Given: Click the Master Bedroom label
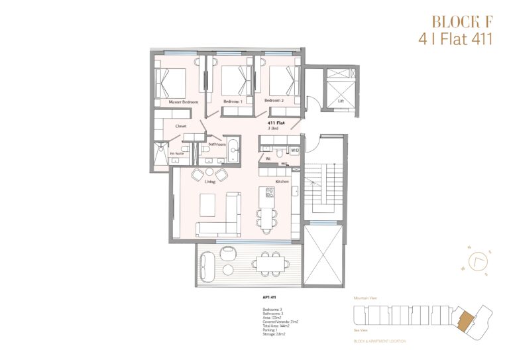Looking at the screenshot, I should point(184,102).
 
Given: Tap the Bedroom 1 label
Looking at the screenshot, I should point(233,101).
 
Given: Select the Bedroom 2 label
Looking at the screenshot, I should point(274,100).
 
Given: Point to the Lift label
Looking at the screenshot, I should point(341,101).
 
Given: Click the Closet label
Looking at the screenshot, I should point(180,126).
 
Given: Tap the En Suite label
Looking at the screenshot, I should point(176,153).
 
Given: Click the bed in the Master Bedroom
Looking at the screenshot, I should point(170,83).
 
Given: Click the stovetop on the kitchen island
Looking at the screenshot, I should point(270,193).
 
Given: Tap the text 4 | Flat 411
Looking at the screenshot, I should point(456,38).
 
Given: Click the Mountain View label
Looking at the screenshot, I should point(366,299).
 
